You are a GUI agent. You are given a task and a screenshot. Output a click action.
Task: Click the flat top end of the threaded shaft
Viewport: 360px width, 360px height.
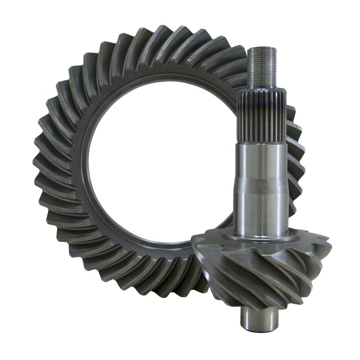point(261,48)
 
